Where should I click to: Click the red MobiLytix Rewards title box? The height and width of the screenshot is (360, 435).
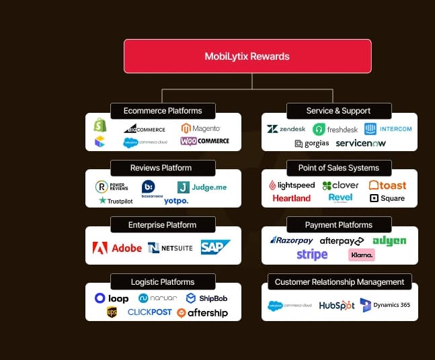pos(247,56)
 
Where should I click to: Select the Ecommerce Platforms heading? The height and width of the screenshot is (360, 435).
pos(163,111)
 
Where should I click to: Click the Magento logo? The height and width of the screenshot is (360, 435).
pos(200,128)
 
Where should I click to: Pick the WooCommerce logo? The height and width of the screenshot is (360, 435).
pos(204,141)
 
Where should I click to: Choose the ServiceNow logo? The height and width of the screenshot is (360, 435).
pos(360,143)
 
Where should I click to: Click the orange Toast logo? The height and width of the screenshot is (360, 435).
pos(387,185)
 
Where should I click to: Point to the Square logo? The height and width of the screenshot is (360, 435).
pos(387,198)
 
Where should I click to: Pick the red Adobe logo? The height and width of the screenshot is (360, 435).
pos(117,248)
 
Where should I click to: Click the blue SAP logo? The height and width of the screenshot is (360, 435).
pos(215,248)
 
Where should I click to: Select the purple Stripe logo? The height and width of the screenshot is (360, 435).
pos(312,255)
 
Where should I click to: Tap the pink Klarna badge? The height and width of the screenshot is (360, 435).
pos(362,255)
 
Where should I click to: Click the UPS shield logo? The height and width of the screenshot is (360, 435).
pos(112,312)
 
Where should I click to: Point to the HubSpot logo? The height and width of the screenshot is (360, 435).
pos(337,305)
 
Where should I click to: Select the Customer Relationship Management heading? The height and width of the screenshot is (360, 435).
pos(340,282)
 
